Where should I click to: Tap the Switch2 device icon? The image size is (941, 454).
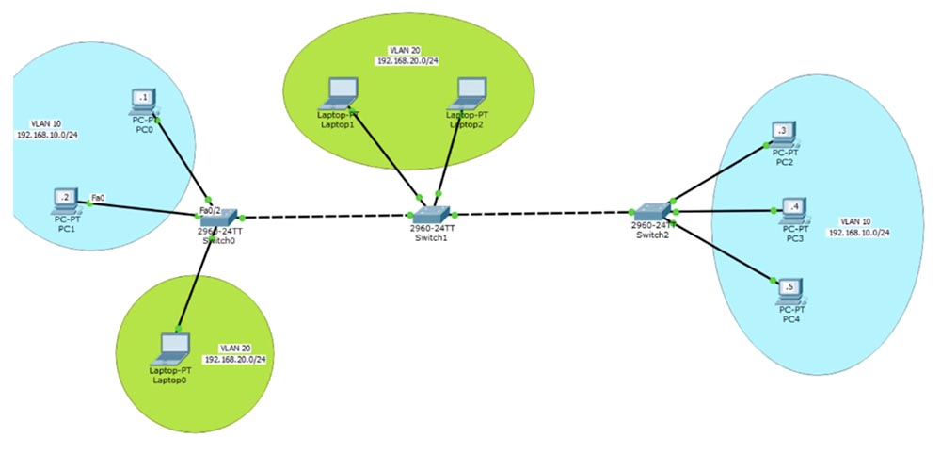[652, 213]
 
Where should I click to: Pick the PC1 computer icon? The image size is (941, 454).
[66, 200]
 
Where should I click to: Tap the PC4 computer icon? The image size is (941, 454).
[784, 290]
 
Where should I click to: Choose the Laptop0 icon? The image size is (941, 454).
[171, 349]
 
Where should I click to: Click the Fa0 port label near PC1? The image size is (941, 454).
[97, 198]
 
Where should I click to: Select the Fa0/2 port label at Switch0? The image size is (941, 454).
[210, 209]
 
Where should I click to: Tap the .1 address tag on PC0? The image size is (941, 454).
[144, 97]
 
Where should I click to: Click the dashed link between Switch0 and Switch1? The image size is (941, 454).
[329, 217]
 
